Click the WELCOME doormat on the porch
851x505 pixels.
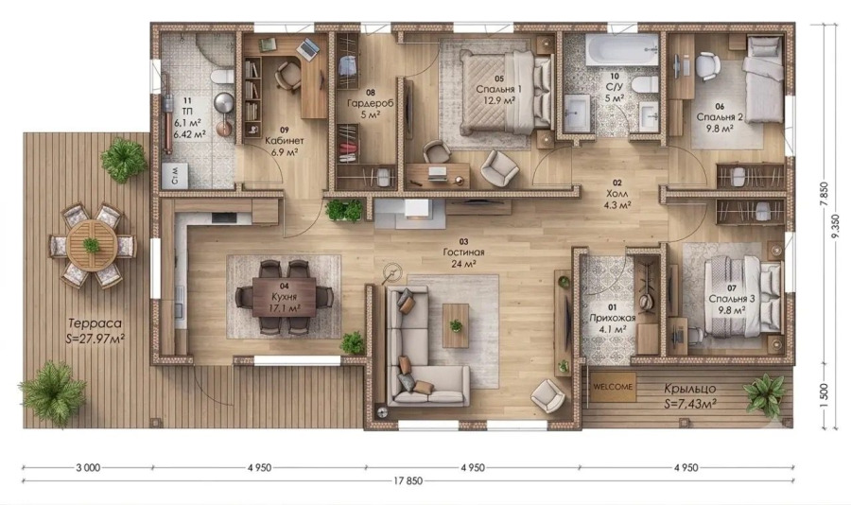(613, 387)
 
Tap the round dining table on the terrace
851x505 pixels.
(93, 246)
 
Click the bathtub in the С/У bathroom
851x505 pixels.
(622, 50)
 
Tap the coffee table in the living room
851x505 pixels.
(456, 326)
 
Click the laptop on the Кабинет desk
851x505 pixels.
(308, 48)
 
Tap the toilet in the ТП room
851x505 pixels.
(221, 76)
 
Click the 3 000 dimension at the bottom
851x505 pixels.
(87, 467)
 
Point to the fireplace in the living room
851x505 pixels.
(409, 213)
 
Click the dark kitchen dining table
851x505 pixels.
(284, 297)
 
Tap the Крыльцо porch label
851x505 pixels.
(690, 389)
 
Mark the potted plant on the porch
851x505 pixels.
(764, 394)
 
